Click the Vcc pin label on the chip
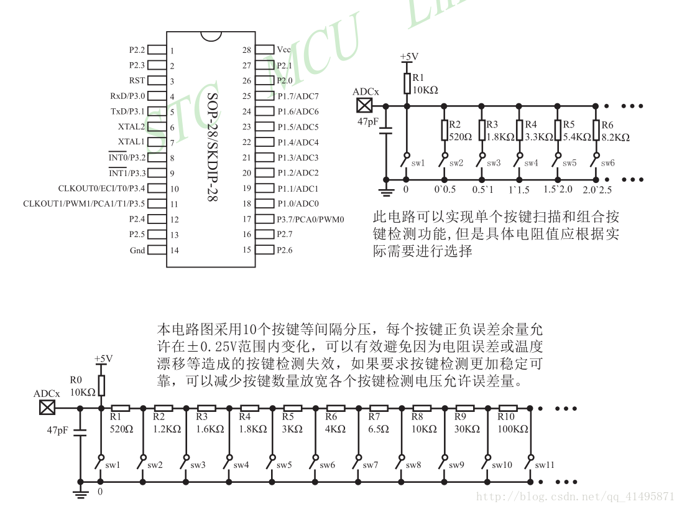284,50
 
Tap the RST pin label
137,80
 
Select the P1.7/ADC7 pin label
298,96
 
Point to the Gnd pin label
137,250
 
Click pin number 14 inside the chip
175,250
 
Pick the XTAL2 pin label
131,127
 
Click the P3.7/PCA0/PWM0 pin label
311,220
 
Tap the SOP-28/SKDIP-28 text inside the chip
212,147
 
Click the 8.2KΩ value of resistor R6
615,138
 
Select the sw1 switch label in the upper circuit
418,163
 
